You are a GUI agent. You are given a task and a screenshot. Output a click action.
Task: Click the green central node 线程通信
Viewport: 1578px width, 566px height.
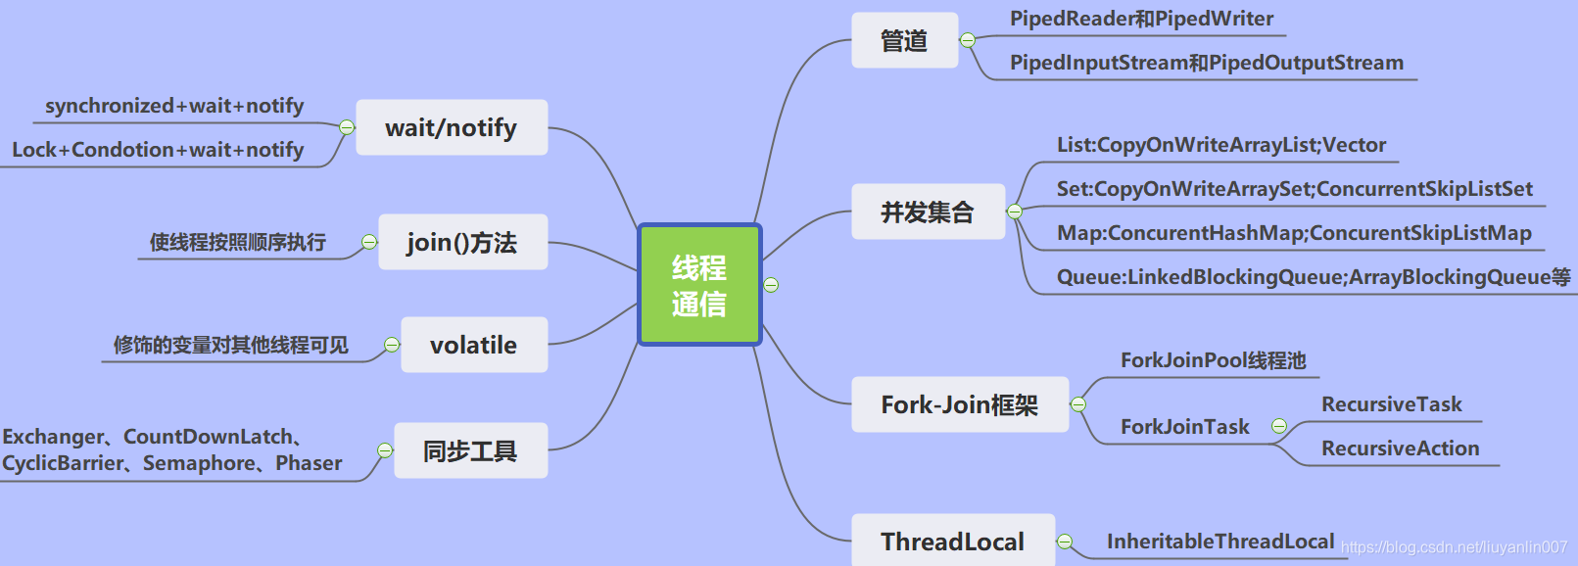[x=699, y=285]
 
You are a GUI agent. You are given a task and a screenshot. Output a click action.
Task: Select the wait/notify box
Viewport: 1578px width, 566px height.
[x=452, y=127]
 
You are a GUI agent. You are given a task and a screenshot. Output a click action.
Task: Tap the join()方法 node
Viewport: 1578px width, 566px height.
[x=462, y=242]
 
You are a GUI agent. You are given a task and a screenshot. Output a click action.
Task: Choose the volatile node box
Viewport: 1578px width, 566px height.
[x=474, y=345]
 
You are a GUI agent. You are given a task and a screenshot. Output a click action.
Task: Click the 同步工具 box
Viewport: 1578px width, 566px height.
[x=470, y=450]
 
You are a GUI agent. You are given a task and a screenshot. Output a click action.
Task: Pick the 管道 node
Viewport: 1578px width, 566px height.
[x=904, y=40]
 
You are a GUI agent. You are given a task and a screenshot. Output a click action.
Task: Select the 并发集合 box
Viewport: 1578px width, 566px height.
[x=928, y=212]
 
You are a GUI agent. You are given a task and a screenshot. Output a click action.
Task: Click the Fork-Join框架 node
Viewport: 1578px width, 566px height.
[x=959, y=404]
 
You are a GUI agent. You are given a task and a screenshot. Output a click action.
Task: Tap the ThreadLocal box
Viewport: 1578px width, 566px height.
[x=952, y=541]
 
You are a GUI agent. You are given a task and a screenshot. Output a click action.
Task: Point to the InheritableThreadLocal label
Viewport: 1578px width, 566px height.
[x=1219, y=542]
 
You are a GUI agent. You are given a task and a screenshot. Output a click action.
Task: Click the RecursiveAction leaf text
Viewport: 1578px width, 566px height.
[x=1400, y=448]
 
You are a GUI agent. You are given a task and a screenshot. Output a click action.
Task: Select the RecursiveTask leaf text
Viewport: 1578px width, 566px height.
[x=1391, y=404]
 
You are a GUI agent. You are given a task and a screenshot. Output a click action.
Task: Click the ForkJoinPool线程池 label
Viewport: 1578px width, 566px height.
[x=1213, y=360]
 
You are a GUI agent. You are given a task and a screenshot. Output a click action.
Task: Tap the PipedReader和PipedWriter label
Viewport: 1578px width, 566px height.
[x=1141, y=19]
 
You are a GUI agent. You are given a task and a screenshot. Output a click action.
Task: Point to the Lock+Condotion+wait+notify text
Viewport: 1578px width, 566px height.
[x=158, y=150]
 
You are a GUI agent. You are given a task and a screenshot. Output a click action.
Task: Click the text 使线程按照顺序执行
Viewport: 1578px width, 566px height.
[x=237, y=242]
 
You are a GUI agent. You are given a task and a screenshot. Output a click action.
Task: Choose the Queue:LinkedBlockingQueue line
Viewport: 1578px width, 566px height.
[x=1313, y=277]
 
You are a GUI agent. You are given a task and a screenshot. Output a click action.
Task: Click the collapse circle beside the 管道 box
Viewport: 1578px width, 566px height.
[x=968, y=40]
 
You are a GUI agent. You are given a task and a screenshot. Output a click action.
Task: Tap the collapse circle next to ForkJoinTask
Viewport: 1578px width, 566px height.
[x=1278, y=426]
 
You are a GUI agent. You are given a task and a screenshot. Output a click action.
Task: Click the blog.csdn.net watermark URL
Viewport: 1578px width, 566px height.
[x=1454, y=547]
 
